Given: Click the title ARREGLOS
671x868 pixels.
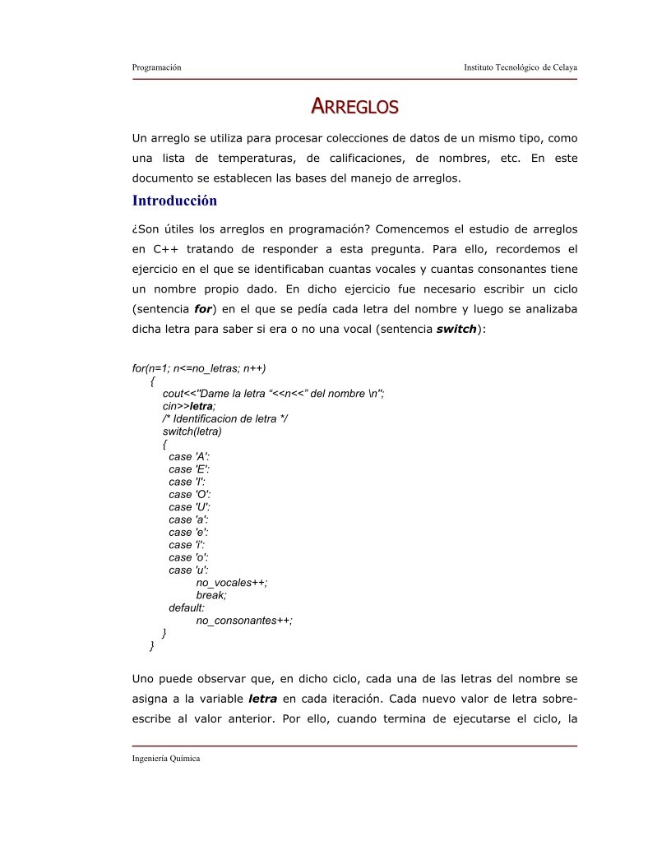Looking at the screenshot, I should tap(354, 107).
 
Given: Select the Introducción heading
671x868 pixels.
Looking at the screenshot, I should tap(174, 201).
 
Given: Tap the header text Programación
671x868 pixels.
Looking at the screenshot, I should tap(156, 67).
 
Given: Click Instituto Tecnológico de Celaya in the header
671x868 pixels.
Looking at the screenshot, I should tap(521, 67).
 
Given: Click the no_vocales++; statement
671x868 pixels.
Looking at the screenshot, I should tap(232, 583).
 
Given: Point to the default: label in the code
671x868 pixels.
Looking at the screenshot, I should tap(187, 608).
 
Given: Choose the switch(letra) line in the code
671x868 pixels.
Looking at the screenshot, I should tap(192, 432).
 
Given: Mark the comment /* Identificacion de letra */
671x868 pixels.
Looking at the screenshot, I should tap(225, 418).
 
